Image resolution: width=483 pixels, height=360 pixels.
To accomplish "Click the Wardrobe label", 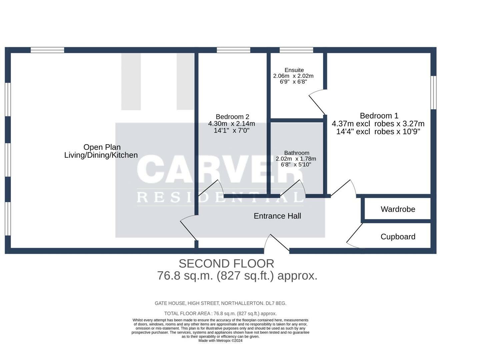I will pyautogui.click(x=398, y=209).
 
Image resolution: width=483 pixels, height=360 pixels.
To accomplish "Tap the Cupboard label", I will pyautogui.click(x=398, y=237).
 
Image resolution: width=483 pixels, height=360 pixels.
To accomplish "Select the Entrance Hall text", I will pyautogui.click(x=277, y=216).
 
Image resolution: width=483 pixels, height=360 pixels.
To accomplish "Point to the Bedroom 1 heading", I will pyautogui.click(x=379, y=116).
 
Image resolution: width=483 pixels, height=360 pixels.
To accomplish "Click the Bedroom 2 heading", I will pyautogui.click(x=232, y=117).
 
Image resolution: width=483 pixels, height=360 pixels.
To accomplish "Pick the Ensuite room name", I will pyautogui.click(x=294, y=70).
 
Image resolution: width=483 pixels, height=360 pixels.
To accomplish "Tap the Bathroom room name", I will pyautogui.click(x=296, y=153).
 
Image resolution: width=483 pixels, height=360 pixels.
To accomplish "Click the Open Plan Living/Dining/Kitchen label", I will pyautogui.click(x=101, y=151).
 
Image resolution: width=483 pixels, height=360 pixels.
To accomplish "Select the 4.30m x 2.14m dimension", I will pyautogui.click(x=232, y=124).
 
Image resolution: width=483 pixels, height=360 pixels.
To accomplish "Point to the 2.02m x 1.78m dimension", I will pyautogui.click(x=296, y=159).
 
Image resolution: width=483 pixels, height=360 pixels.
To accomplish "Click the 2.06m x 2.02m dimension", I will pyautogui.click(x=293, y=76).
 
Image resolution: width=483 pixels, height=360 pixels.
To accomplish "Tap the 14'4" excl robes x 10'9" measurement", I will pyautogui.click(x=378, y=132).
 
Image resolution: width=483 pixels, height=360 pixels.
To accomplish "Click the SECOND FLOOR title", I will pyautogui.click(x=226, y=264).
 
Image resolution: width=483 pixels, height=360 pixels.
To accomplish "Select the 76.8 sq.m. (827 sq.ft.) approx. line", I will pyautogui.click(x=237, y=276).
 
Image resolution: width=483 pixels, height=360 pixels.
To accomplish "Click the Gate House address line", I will pyautogui.click(x=220, y=303).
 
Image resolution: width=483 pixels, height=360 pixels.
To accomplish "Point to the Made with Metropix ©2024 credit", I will pyautogui.click(x=220, y=341).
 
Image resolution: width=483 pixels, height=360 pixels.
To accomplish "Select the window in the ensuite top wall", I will pyautogui.click(x=296, y=50).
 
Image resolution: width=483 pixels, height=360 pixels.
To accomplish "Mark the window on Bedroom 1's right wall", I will pyautogui.click(x=433, y=93).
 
